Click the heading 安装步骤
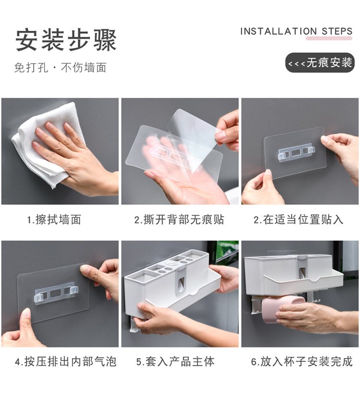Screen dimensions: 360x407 [x=66, y=40]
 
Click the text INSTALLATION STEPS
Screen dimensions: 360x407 [x=296, y=31]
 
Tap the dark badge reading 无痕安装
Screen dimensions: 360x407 [x=320, y=62]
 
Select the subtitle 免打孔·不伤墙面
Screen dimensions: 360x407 [x=60, y=68]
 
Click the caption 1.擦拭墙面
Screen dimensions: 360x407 [x=54, y=220]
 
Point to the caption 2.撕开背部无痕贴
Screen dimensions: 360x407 [x=179, y=220]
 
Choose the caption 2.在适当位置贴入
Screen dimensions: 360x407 [x=299, y=220]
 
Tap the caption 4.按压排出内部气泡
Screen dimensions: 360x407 [x=66, y=361]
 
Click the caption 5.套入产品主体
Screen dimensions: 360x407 [x=176, y=361]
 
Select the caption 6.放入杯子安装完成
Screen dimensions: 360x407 [x=301, y=361]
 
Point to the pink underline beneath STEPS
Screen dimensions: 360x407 [x=329, y=38]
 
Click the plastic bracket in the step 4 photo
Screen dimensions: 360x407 [x=55, y=293]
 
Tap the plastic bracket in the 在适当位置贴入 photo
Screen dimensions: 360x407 [x=297, y=153]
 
